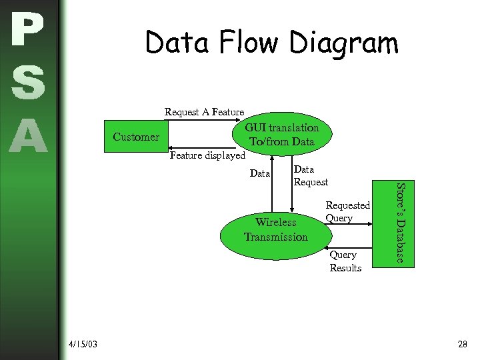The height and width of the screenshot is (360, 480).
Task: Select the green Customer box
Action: click(136, 137)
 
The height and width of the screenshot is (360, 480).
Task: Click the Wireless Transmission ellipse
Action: click(275, 230)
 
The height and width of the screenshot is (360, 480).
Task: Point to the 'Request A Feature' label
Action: click(204, 112)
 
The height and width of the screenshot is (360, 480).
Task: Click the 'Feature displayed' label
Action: click(207, 156)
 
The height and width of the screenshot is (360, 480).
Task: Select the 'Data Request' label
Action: click(311, 175)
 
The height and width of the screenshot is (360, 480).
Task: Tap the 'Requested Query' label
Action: click(347, 212)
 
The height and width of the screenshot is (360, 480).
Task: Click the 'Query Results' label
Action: click(345, 261)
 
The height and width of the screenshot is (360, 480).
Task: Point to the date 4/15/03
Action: click(83, 344)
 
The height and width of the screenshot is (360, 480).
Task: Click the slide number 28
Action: click(463, 344)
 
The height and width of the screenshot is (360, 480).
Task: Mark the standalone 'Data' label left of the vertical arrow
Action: click(259, 173)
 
